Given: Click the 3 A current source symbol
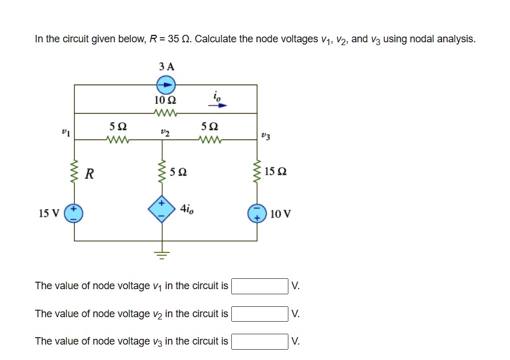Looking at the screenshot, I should [166, 85].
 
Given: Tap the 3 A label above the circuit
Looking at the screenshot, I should [166, 67].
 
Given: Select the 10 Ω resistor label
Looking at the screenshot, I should [166, 100].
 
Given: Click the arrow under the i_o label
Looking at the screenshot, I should [219, 105].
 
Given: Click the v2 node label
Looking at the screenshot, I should [166, 131].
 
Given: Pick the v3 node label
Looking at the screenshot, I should [265, 136].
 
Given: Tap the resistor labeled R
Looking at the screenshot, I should [74, 173].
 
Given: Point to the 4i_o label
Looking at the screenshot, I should [187, 209].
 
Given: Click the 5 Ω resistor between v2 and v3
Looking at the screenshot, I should [209, 139].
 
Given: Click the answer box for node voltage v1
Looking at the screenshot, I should [259, 286].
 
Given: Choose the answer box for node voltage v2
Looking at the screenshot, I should [259, 314].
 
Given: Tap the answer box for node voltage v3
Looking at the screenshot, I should [259, 341].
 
